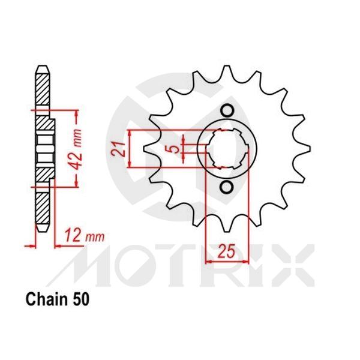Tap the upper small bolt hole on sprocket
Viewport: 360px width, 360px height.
(227, 111)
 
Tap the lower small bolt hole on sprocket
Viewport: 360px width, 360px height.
(227, 187)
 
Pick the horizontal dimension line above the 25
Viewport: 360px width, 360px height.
(225, 261)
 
